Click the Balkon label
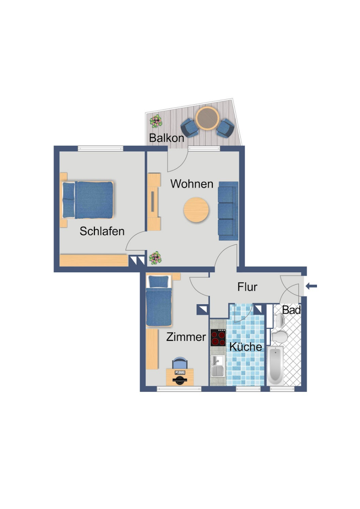(x=166, y=138)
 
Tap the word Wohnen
(x=192, y=184)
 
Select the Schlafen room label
(x=102, y=231)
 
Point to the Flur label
(x=247, y=287)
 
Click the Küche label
(x=246, y=347)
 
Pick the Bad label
(x=291, y=310)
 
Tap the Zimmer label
(x=186, y=337)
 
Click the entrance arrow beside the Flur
(x=311, y=286)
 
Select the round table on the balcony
(x=207, y=118)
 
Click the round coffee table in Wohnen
(x=196, y=210)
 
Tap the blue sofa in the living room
(x=228, y=211)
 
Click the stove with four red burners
(x=218, y=338)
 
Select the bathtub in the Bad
(x=275, y=366)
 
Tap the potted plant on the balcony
(x=156, y=121)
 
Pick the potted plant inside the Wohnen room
(x=156, y=258)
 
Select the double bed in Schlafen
(x=88, y=200)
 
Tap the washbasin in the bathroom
(x=279, y=321)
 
